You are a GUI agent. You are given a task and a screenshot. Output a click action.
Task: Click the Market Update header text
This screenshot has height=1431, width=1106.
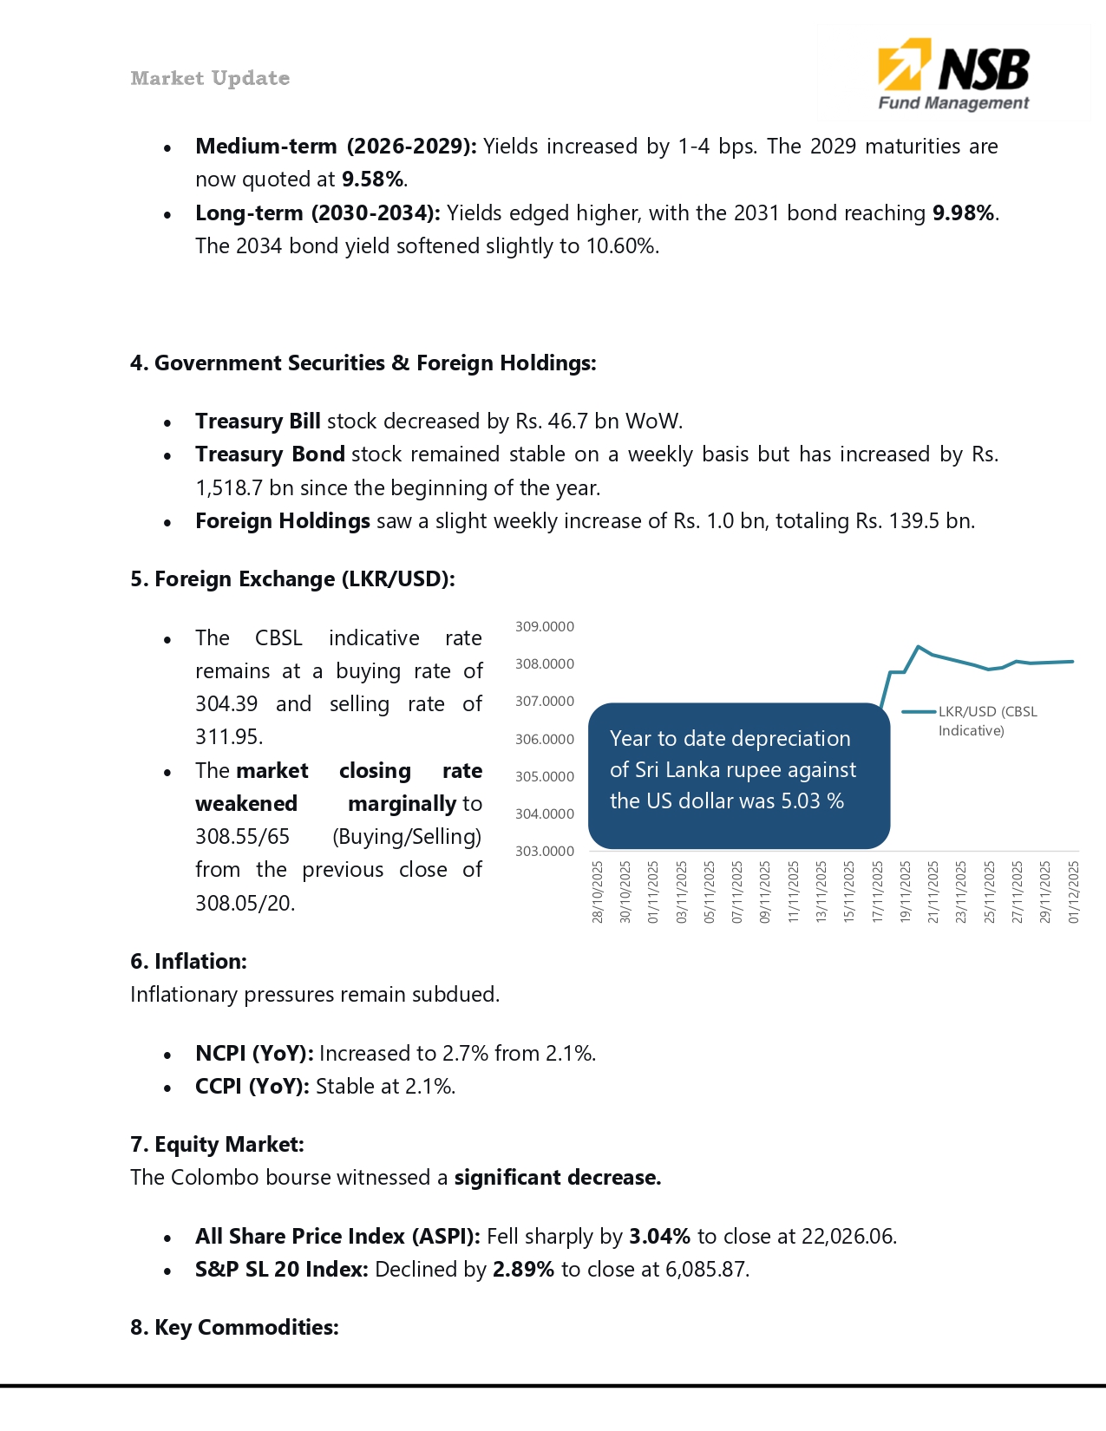(210, 78)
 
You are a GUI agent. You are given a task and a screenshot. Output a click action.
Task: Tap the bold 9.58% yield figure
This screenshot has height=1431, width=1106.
(372, 180)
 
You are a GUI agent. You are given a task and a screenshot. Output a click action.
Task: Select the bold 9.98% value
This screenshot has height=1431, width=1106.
(963, 213)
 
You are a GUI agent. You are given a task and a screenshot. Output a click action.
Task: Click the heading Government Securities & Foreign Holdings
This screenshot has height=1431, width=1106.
(363, 363)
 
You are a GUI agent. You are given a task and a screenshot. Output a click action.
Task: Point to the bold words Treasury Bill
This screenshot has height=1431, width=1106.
(258, 421)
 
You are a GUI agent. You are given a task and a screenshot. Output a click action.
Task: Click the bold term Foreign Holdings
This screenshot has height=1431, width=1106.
(283, 521)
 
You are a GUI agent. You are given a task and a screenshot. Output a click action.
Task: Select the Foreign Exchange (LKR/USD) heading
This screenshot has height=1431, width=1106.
(292, 579)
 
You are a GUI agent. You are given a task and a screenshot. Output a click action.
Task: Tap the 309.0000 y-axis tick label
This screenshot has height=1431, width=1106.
(545, 627)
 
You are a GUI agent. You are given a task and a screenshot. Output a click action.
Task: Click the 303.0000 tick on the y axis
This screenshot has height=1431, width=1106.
(545, 852)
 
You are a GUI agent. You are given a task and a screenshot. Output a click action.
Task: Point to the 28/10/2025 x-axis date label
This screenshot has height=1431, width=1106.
(598, 892)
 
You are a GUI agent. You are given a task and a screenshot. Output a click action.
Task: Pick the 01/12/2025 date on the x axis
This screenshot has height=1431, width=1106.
(1074, 892)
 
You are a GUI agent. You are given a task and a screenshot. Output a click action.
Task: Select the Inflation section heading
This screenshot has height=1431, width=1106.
(188, 962)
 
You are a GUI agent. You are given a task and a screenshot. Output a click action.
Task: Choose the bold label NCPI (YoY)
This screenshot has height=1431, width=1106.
(254, 1054)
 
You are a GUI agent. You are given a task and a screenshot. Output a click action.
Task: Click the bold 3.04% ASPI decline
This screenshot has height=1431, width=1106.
(659, 1237)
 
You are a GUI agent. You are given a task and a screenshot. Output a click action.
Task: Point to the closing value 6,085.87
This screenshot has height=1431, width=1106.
(705, 1270)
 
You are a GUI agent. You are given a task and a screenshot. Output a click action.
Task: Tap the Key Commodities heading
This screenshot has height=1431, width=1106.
(234, 1328)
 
